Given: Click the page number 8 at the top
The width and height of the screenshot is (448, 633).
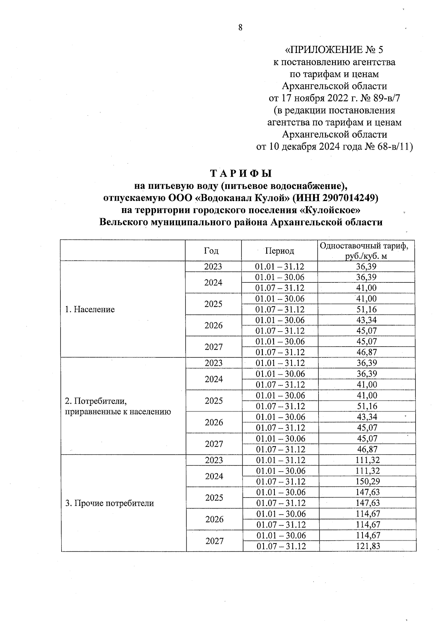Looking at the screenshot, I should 240,27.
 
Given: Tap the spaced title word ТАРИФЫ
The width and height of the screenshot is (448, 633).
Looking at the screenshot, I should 241,174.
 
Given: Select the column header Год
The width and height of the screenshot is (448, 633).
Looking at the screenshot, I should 211,251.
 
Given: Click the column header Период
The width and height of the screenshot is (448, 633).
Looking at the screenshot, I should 279,251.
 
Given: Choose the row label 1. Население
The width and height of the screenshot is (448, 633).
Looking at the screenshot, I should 90,309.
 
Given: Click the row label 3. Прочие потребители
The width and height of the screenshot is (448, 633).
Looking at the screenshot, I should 110,503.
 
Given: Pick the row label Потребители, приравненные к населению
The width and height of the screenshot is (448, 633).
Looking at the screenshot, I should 118,406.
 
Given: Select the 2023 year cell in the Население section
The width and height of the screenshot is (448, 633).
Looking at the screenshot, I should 213,267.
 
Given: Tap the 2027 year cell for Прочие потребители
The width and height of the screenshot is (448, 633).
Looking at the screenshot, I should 214,541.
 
